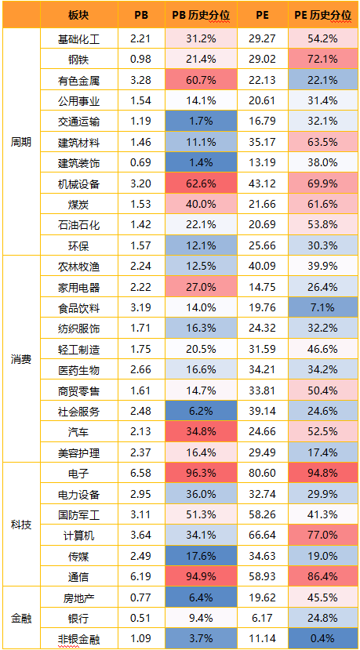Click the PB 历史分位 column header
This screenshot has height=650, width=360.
click(201, 16)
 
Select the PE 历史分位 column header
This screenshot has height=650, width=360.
click(322, 16)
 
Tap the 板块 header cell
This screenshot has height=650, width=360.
click(78, 16)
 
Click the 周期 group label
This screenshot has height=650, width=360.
click(21, 142)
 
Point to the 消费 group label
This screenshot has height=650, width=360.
click(21, 359)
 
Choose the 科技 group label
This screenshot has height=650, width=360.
click(21, 525)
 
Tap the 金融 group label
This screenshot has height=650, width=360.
click(21, 619)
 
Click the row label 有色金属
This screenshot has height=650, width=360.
click(78, 81)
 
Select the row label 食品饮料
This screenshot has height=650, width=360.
click(78, 308)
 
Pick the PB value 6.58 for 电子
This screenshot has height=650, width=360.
click(141, 473)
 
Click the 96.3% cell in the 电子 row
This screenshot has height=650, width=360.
click(201, 473)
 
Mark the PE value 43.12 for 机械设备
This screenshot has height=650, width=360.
click(263, 183)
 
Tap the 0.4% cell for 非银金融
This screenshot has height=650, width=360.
click(322, 639)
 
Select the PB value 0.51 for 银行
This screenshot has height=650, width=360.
click(141, 619)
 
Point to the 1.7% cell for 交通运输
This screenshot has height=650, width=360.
click(201, 122)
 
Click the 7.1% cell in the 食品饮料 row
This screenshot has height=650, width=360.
click(322, 308)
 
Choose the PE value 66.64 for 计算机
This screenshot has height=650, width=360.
click(263, 536)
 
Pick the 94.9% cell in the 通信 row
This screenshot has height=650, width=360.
click(201, 576)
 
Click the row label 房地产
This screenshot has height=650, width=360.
click(78, 597)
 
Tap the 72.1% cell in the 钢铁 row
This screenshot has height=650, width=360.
click(322, 60)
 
